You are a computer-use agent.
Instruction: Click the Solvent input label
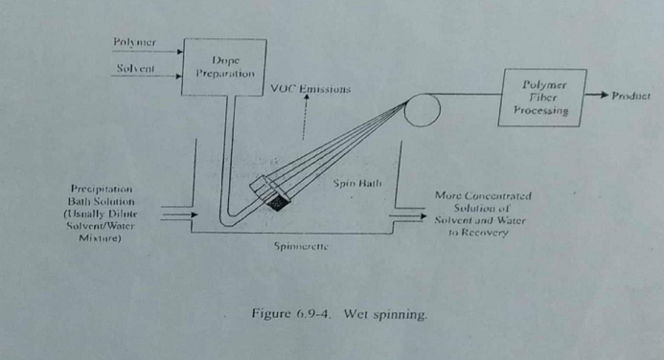pos(135,69)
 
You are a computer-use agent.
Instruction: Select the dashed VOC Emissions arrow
pos(306,120)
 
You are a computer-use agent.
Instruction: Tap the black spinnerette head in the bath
pos(279,202)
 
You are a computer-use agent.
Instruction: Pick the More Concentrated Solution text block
pos(483,214)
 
